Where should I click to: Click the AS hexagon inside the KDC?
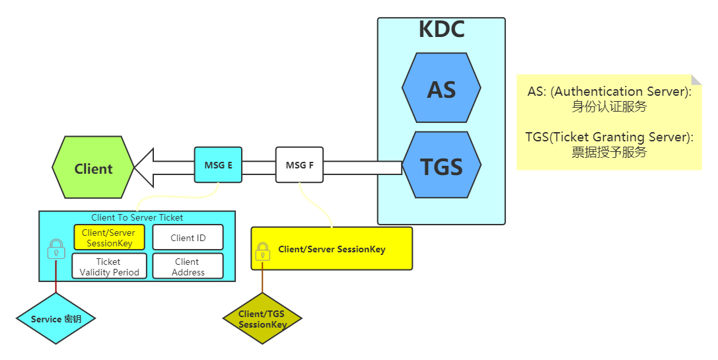(441, 88)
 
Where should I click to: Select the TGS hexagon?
(441, 166)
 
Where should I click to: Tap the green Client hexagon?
(93, 168)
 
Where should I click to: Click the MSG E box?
(219, 165)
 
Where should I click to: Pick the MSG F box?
(299, 165)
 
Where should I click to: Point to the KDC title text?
(441, 30)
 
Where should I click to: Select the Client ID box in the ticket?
(188, 238)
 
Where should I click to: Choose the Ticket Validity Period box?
(109, 266)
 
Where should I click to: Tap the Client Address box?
(188, 266)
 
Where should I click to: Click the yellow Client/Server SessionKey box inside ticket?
(109, 238)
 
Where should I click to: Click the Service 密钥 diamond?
(56, 319)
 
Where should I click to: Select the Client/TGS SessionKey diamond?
(262, 319)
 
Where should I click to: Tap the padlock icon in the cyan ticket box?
(56, 250)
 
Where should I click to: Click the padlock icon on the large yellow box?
(263, 251)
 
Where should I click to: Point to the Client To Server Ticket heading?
(137, 217)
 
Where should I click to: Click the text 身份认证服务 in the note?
(608, 106)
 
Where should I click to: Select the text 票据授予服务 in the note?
(608, 152)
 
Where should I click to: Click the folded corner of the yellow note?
(696, 80)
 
